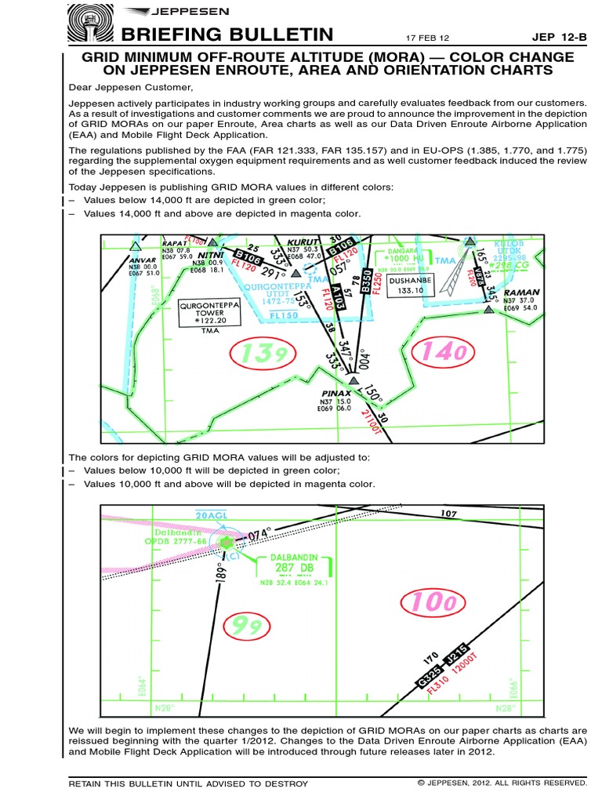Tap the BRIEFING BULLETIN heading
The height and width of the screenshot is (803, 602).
(223, 35)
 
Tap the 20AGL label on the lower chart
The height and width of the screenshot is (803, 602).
(210, 514)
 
